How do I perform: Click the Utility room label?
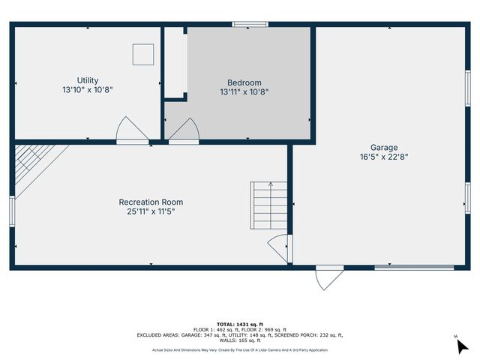click(88, 80)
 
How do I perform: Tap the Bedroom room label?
click(244, 82)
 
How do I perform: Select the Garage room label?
click(384, 148)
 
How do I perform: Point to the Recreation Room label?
click(151, 202)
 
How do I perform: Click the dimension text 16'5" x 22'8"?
click(384, 157)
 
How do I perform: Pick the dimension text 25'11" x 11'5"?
click(151, 211)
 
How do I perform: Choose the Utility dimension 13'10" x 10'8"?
click(88, 90)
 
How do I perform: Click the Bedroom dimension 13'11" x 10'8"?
click(244, 92)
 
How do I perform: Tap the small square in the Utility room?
click(143, 54)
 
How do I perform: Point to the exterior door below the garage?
click(328, 278)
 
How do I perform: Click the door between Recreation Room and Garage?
click(280, 247)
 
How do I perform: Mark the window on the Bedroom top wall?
click(250, 25)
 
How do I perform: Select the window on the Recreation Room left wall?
click(12, 211)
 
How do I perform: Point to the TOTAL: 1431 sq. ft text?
click(239, 324)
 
